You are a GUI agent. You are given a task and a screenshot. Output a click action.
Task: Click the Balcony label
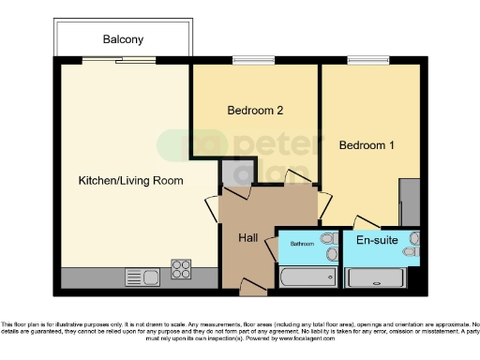tap(123, 39)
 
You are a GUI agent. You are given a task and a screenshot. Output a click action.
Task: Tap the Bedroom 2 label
tap(255, 111)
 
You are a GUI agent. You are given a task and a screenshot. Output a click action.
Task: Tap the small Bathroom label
tap(302, 244)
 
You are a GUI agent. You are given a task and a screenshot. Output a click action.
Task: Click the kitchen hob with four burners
tap(181, 269)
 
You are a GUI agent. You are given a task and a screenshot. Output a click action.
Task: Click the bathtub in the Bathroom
tap(302, 277)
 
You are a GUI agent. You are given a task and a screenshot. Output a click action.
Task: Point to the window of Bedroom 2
tap(247, 62)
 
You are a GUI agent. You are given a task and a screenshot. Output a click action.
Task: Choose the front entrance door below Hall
tap(250, 285)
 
